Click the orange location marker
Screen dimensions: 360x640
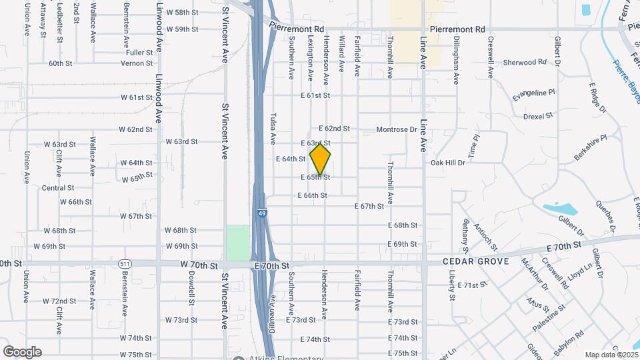click(321, 159)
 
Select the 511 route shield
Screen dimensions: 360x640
click(124, 264)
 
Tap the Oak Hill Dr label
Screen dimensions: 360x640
click(447, 163)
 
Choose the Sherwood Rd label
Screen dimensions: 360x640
click(525, 62)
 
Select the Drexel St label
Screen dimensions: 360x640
click(539, 116)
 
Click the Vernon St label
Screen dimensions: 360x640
click(136, 63)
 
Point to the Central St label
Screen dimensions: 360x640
click(53, 188)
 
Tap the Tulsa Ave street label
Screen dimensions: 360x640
click(273, 128)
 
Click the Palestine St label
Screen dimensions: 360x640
click(549, 319)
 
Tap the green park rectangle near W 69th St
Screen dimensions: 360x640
click(237, 243)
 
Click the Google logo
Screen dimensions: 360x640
click(22, 351)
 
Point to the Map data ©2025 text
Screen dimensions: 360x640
click(610, 355)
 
